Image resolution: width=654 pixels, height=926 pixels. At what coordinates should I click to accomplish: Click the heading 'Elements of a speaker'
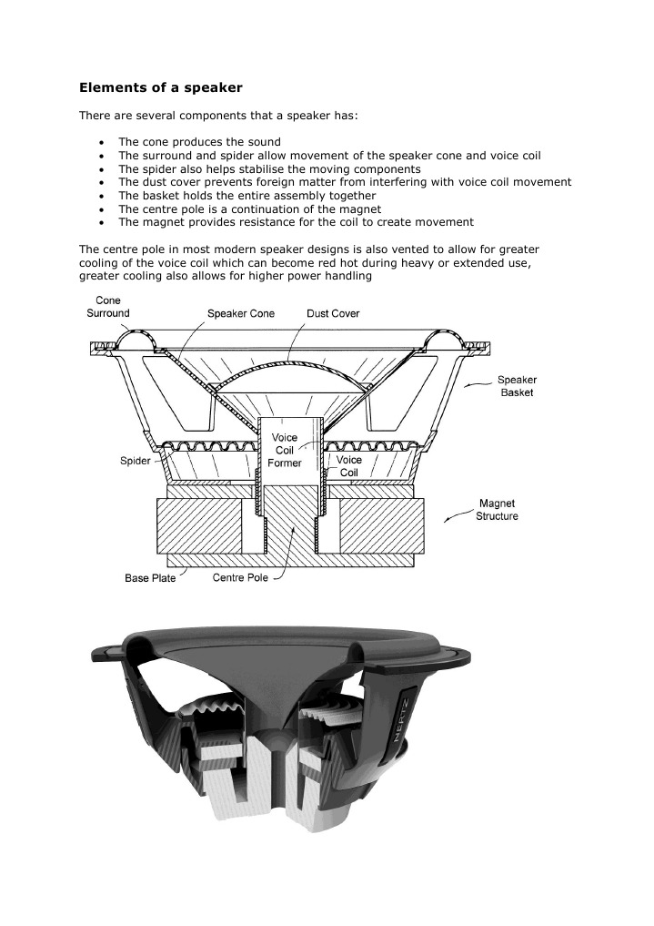coord(160,88)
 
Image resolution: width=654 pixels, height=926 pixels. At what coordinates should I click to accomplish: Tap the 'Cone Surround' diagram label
coord(107,307)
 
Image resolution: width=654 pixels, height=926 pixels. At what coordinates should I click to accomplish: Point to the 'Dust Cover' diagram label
coord(333,313)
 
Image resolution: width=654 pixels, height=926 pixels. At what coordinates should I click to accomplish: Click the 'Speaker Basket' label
coord(516,386)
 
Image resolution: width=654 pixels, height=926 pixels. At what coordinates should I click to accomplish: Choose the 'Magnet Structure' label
coord(497,510)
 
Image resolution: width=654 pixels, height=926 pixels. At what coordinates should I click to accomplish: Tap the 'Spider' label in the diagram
coord(136,461)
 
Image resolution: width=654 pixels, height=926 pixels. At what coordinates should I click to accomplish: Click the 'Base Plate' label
coord(150,579)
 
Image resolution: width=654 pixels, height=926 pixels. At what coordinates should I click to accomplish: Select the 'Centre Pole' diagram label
coord(240,578)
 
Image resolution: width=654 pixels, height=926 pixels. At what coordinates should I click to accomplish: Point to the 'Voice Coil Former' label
coord(285,451)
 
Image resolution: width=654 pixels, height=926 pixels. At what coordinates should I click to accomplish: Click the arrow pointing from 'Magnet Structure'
coord(455,518)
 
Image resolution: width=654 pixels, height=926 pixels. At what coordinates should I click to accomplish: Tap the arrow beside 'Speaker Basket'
coord(476,385)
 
